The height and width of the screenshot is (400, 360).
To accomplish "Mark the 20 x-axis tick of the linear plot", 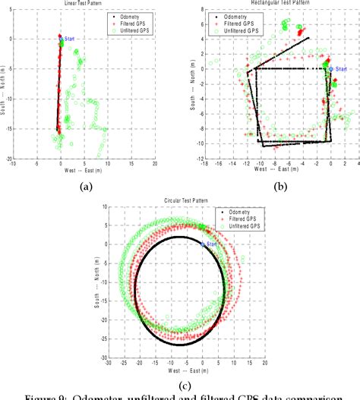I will [154, 164].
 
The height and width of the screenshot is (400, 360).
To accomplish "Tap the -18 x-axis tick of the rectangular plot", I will [204, 164].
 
